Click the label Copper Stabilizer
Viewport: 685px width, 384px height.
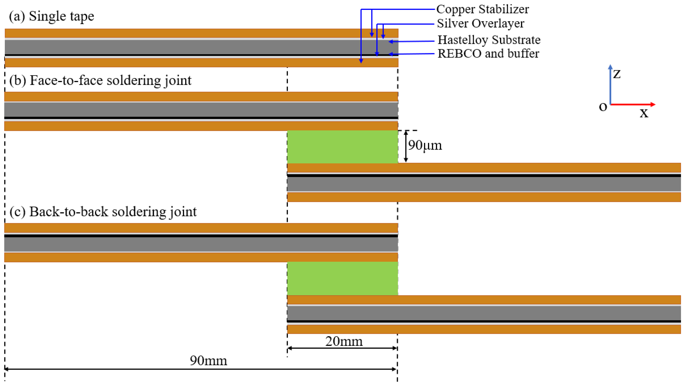(482, 9)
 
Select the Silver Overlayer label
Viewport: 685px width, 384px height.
(480, 23)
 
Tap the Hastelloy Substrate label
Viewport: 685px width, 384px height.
(489, 40)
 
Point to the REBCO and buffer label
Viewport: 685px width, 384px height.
(488, 54)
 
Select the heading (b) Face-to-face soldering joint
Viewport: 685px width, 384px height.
(100, 80)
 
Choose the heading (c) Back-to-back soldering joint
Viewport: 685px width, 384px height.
(103, 212)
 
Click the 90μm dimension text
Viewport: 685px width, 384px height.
(425, 145)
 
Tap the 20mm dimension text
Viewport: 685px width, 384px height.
(344, 341)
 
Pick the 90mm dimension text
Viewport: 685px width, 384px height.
(208, 361)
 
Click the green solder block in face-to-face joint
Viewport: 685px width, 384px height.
(342, 147)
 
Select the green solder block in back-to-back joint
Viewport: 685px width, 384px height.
(342, 278)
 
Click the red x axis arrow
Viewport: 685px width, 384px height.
(633, 104)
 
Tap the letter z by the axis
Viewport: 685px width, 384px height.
(617, 74)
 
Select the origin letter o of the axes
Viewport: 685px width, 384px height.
(603, 107)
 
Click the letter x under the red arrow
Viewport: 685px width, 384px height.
(644, 113)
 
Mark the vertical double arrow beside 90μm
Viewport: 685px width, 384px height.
(406, 146)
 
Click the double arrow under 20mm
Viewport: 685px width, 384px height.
(342, 348)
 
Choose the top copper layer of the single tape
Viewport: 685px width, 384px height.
(201, 33)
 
